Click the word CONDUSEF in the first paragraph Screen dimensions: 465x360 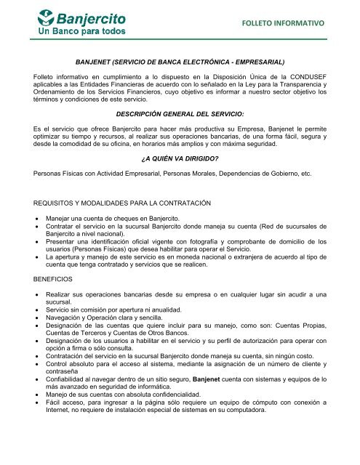point(317,76)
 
